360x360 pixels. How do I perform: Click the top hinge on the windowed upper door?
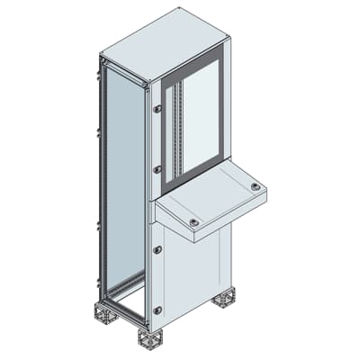pyautogui.click(x=157, y=109)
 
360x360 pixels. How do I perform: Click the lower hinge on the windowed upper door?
pyautogui.click(x=157, y=167)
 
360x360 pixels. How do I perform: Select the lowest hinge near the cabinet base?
pyautogui.click(x=157, y=309)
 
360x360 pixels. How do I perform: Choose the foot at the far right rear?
pyautogui.click(x=223, y=298)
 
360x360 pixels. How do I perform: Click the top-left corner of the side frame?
pyautogui.click(x=103, y=60)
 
